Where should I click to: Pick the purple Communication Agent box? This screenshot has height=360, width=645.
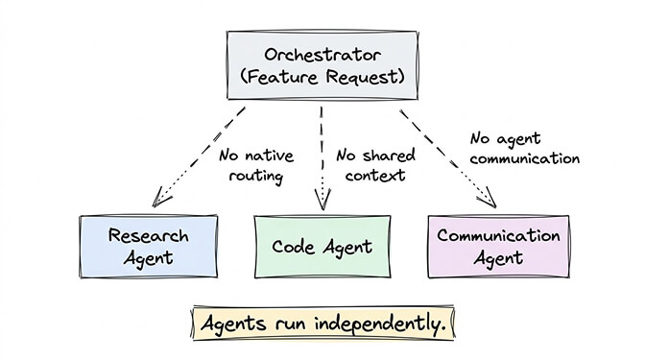(x=497, y=246)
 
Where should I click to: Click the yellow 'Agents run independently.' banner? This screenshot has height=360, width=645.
(x=323, y=324)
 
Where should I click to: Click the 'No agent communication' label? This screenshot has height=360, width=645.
(x=524, y=149)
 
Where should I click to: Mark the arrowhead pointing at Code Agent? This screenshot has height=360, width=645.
(x=322, y=201)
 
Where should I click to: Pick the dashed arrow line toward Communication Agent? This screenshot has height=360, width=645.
(x=443, y=153)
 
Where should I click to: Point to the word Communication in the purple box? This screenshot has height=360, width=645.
(x=497, y=236)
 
